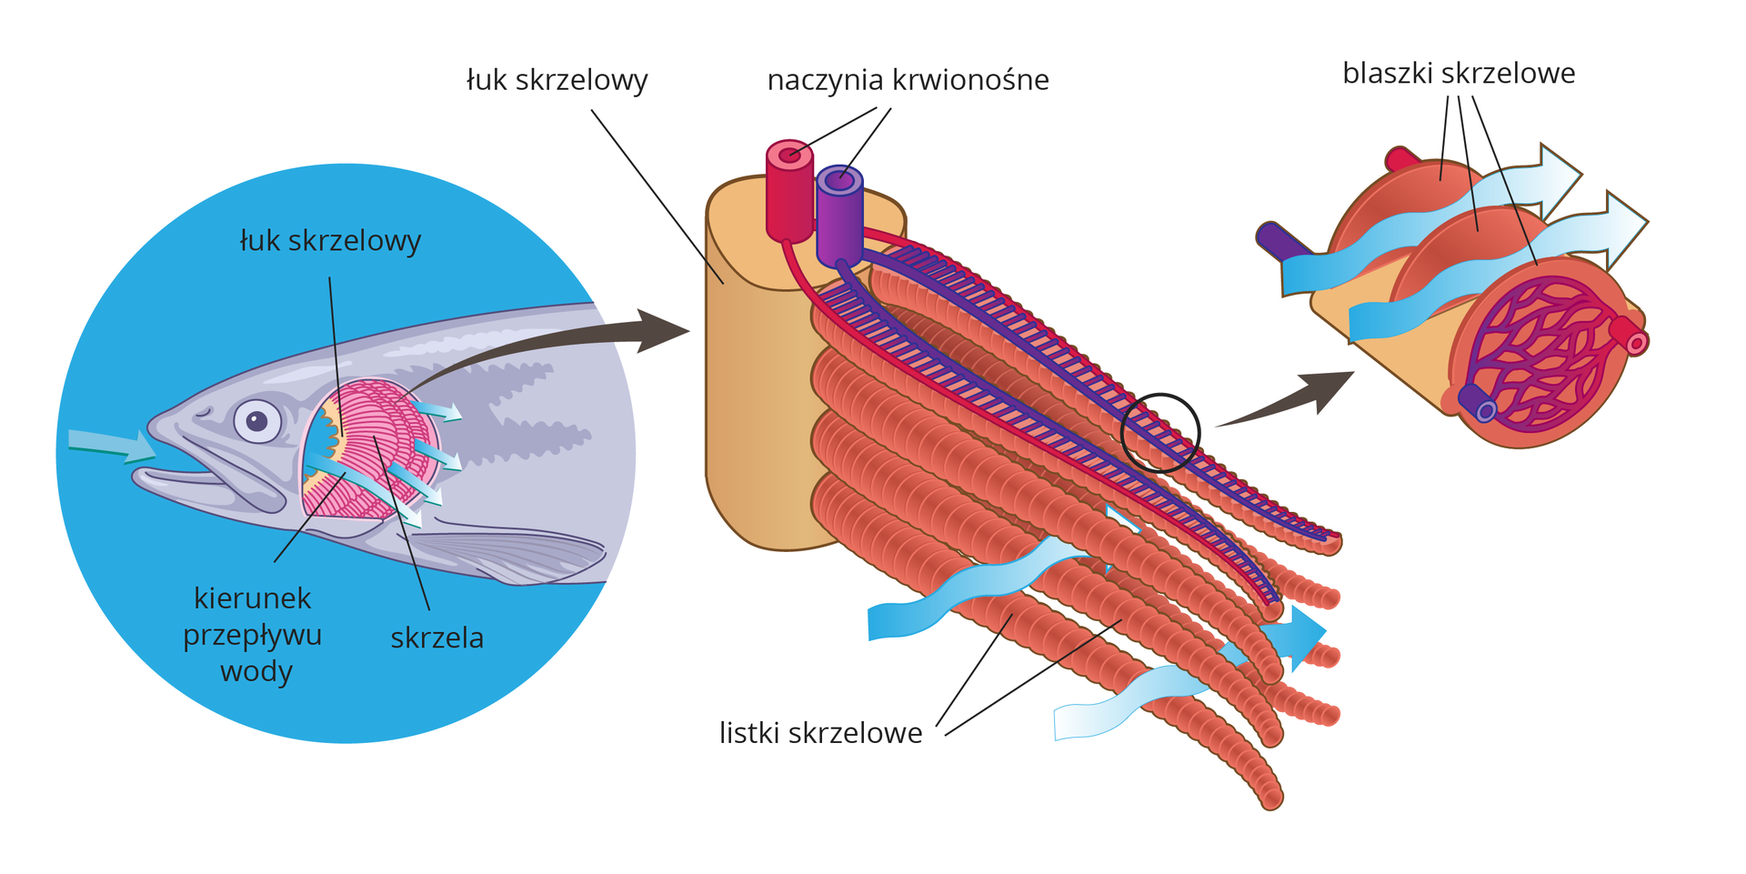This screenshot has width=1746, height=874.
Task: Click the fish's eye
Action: (257, 421)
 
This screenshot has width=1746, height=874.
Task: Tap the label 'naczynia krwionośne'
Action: (908, 80)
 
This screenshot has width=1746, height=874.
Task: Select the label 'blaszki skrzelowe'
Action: (1458, 73)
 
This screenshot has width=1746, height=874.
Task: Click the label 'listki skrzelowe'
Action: (820, 732)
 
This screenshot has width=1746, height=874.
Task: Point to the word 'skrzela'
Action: (436, 638)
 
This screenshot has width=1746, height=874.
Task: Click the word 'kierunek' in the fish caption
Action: (253, 598)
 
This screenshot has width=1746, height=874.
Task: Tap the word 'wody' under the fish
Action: (256, 672)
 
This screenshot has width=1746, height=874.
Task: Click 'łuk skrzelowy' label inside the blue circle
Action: (330, 241)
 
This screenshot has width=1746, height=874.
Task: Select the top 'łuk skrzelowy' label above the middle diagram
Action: (557, 80)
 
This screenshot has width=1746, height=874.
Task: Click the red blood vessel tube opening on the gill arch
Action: (788, 154)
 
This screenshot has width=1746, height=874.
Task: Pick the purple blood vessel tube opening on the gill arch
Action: (839, 180)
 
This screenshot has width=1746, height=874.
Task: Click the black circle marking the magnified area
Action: (1159, 432)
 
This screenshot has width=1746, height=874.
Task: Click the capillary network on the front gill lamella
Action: (1537, 355)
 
